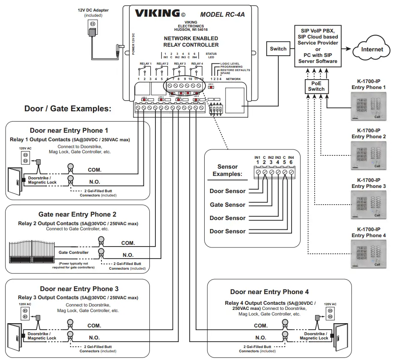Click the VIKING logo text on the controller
click(157, 13)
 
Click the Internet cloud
click(372, 50)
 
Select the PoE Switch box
click(316, 86)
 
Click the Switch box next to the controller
click(278, 49)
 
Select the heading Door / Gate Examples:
click(68, 109)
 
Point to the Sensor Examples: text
click(227, 170)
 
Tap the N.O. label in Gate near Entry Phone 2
click(128, 255)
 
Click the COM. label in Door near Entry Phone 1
click(95, 170)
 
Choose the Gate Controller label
click(74, 253)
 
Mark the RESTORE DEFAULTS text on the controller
click(235, 70)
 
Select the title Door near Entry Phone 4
click(269, 292)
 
